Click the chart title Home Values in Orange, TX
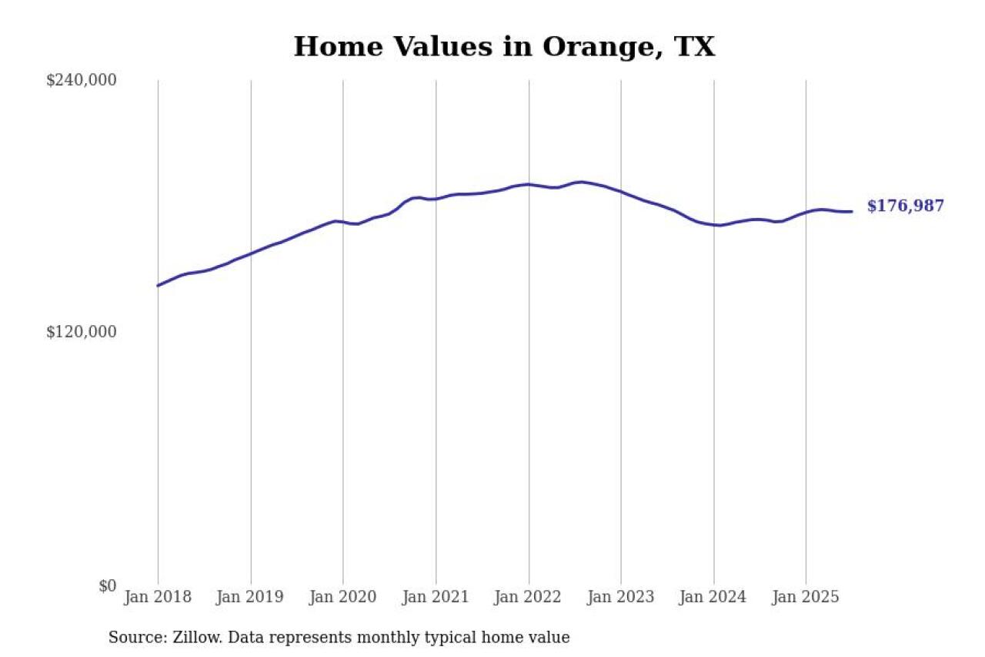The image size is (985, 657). pos(504,47)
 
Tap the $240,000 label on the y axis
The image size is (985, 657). pos(82,80)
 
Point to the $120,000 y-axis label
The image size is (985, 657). pos(82,332)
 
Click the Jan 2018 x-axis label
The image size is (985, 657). pos(158,597)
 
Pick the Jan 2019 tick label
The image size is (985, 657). pos(251,597)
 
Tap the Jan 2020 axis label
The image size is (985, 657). pos(343,597)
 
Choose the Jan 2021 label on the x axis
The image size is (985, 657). pos(436,597)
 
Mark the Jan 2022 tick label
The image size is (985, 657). pos(529,597)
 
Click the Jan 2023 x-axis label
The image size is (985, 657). pos(621,597)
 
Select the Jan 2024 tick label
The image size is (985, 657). pos(714,597)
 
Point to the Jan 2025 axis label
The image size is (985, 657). pos(806,597)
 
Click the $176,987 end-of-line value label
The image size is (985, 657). pos(905,206)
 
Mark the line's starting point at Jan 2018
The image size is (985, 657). pos(158,286)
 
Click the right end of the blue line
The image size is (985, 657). pos(851,211)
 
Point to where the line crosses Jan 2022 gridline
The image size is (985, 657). pos(529,184)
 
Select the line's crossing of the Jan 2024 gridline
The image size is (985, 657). pos(714,225)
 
